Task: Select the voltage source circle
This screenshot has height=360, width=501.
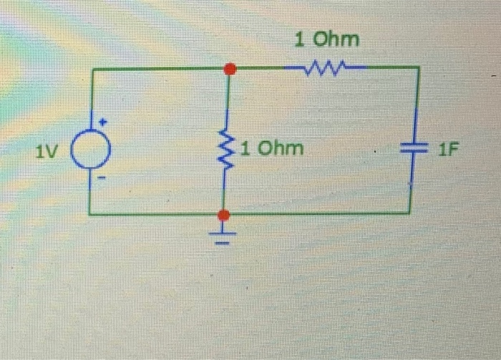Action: (x=92, y=152)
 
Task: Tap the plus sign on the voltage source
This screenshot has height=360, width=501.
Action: (x=103, y=122)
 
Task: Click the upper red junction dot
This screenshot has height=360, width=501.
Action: (x=229, y=69)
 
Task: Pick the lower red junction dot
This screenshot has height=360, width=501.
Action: (x=224, y=215)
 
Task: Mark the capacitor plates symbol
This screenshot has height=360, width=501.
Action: (x=412, y=150)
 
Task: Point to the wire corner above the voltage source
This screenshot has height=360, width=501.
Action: (x=90, y=69)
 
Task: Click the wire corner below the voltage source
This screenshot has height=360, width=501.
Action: (x=90, y=213)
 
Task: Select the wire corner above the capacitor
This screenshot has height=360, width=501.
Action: (x=418, y=68)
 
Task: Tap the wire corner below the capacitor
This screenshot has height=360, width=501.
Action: (x=410, y=213)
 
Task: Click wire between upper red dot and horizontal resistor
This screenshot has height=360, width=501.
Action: (x=261, y=69)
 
